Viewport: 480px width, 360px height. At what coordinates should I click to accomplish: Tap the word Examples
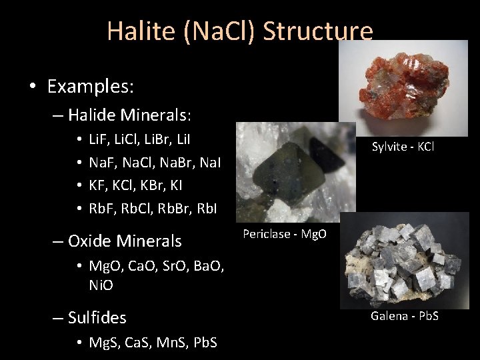coord(91,86)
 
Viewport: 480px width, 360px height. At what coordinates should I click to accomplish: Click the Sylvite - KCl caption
coord(403,146)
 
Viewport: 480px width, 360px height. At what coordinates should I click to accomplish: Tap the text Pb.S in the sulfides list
coord(208,343)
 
